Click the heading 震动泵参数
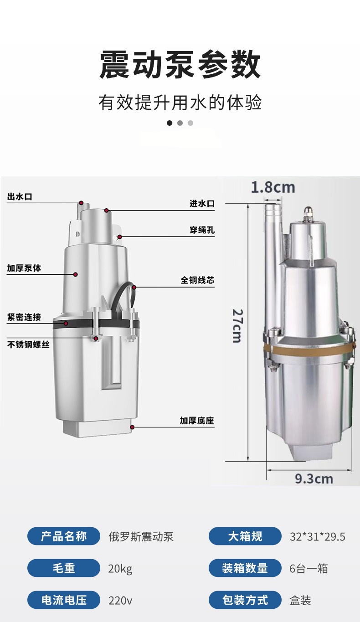click(180, 64)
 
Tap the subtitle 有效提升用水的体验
click(180, 103)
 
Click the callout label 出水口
click(20, 197)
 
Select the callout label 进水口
click(202, 204)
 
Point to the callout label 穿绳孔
click(202, 230)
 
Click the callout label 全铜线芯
click(197, 280)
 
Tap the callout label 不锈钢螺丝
click(28, 344)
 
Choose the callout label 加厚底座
click(197, 421)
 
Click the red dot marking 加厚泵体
click(75, 274)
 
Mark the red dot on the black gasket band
click(66, 323)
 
